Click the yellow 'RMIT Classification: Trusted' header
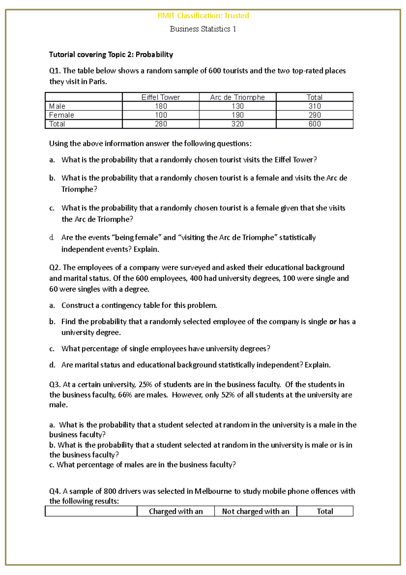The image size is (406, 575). tap(203, 16)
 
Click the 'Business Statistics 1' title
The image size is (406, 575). tap(203, 29)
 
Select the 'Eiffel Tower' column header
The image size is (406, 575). tap(160, 98)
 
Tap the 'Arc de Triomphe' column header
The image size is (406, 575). tap(237, 98)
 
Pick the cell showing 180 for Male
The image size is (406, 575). tap(161, 106)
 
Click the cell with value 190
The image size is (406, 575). tap(238, 115)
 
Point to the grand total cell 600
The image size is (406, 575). tap(314, 124)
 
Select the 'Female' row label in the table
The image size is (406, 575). tap(62, 115)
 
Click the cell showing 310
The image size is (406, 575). tap(314, 106)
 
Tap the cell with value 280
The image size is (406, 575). tap(161, 124)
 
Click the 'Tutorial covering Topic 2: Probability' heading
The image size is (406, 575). tap(111, 55)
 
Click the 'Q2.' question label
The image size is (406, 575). tap(55, 268)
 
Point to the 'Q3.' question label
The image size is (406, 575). tap(55, 385)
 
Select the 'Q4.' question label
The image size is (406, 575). tap(55, 491)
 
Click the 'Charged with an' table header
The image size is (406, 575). tap(176, 511)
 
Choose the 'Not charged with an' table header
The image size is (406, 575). tap(255, 511)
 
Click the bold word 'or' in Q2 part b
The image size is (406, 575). tap(333, 322)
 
